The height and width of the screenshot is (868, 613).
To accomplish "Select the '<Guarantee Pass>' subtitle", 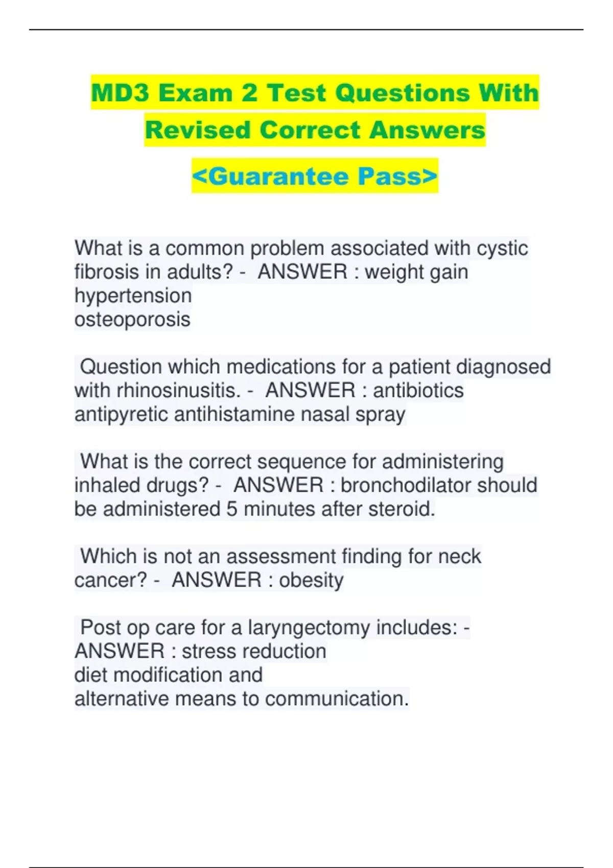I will coord(315,176).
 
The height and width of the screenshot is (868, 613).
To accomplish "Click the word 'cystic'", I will coord(502,249).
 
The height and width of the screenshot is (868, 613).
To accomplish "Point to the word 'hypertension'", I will coord(133,296).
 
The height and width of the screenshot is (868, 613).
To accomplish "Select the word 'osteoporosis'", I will coord(132,320).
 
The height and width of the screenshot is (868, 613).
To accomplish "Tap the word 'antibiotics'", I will coord(418,391).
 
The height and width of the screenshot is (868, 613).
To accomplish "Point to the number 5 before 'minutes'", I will coord(232,509).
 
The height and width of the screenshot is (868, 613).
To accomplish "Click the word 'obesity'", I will coord(311,580).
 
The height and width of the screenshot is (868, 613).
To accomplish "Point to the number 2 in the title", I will coord(249,93).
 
